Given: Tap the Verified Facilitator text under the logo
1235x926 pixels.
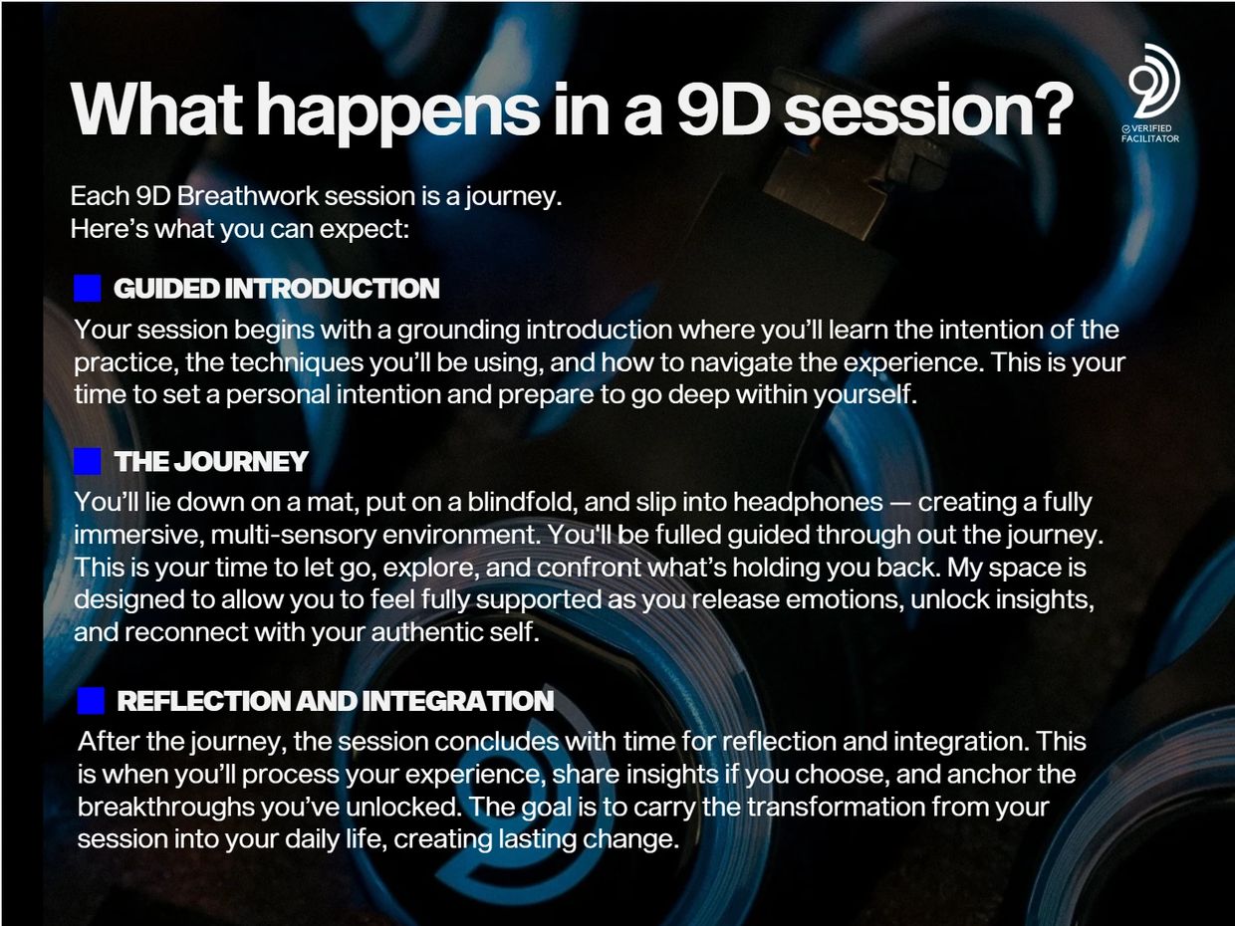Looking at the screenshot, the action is point(1150,133).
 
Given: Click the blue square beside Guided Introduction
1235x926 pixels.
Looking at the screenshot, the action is point(88,289).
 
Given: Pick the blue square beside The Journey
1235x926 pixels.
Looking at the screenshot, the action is point(88,461).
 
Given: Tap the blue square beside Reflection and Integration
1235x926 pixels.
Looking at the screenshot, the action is point(91,701).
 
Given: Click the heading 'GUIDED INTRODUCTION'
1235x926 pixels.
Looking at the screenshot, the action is point(276,289).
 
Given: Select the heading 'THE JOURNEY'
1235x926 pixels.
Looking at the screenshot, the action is point(211,461).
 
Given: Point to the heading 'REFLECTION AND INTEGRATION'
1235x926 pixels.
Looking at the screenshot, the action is point(336,701).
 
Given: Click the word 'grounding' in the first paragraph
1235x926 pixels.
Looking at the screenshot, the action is point(458,330).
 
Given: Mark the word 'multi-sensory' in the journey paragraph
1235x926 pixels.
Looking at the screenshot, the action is point(293,536).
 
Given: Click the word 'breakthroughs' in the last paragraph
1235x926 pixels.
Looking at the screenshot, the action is point(166,808).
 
